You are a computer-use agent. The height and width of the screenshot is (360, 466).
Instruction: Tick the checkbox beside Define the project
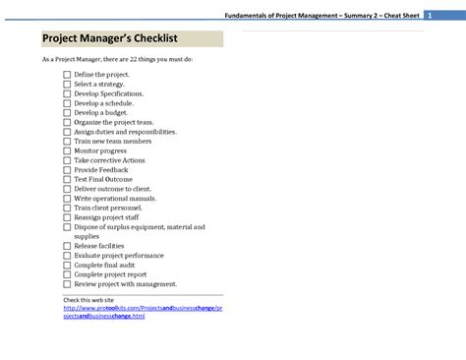pos(67,75)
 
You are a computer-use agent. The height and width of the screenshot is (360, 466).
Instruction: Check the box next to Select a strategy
pos(67,85)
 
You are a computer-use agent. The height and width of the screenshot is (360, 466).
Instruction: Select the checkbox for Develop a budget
pos(67,113)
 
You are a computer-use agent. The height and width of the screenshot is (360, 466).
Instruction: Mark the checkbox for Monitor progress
pos(67,150)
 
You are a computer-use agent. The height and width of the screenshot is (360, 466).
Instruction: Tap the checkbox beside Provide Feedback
pos(67,169)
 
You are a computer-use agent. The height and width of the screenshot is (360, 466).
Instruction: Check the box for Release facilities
pos(67,246)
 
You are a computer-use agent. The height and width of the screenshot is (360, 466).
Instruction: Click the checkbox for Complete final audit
pos(67,265)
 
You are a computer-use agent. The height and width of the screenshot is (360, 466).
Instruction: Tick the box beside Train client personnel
pos(67,208)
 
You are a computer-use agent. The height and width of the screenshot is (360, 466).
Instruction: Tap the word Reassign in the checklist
pos(90,217)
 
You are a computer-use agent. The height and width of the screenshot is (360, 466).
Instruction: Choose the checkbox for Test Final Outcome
pos(67,179)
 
